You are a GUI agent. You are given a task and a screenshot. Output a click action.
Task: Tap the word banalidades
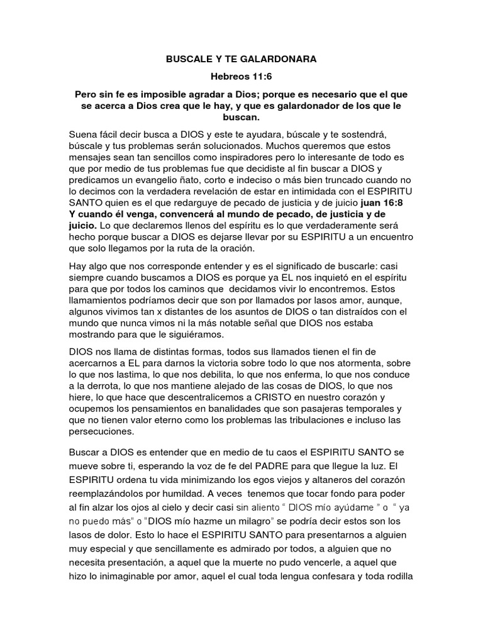coord(242,409)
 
